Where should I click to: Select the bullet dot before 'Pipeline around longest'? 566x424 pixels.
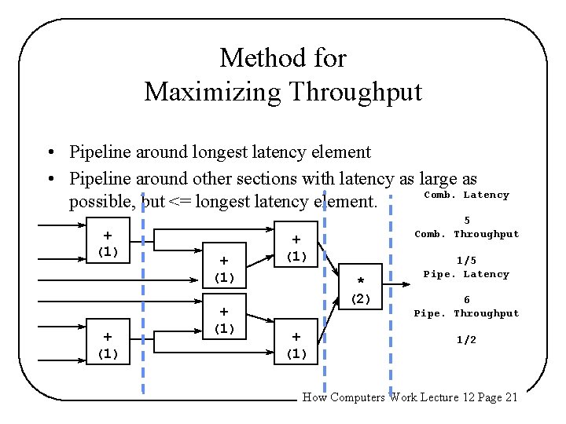50,152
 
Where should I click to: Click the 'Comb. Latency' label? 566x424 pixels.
466,195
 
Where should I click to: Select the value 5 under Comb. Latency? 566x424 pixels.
467,221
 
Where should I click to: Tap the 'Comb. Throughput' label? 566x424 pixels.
466,234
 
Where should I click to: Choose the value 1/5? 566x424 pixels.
467,260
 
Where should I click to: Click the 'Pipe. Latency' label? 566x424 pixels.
466,274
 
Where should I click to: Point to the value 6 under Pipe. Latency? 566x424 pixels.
467,299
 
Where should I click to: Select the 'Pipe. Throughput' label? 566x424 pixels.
466,313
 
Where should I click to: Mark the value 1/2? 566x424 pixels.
467,339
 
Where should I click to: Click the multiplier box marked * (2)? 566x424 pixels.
361,289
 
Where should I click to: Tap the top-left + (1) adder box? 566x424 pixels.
107,243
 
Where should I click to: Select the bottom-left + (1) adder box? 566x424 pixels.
107,345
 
